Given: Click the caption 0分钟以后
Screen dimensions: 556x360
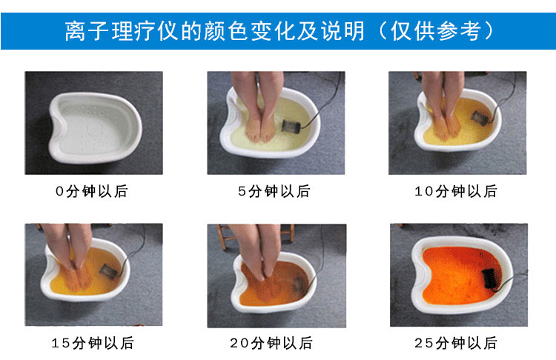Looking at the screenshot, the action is click(91, 191).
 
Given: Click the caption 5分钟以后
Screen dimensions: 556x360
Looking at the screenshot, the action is click(274, 191).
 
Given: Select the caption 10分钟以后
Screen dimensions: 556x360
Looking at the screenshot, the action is click(456, 191).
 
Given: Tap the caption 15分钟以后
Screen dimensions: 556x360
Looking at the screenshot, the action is click(93, 343).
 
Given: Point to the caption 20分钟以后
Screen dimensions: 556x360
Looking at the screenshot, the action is click(271, 343).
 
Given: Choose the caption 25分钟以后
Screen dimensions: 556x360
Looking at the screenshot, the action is click(456, 343).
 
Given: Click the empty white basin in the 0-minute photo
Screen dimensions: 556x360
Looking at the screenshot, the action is click(95, 127).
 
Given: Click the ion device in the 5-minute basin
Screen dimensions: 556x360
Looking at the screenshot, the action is click(291, 126).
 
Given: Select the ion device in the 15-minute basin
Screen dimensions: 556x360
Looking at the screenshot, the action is click(108, 271).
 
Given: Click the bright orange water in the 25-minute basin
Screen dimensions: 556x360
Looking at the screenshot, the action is click(457, 276).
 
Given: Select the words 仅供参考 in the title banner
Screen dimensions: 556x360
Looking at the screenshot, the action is click(436, 31).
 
